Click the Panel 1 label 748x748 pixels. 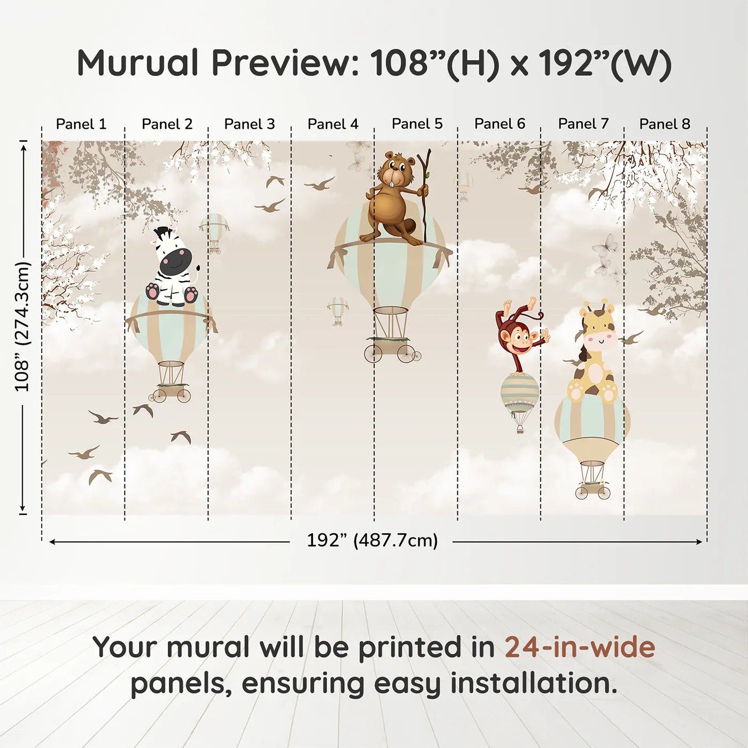[x=81, y=124]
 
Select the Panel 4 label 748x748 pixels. [x=333, y=124]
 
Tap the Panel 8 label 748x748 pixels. [x=665, y=124]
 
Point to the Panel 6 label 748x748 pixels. [x=500, y=124]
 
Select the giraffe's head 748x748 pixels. [x=599, y=331]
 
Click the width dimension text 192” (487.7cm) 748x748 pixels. [x=372, y=541]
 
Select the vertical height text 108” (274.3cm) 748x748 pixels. [x=22, y=326]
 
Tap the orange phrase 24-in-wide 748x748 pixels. [x=580, y=648]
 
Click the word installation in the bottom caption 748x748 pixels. [x=533, y=684]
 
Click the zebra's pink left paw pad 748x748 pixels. [x=153, y=291]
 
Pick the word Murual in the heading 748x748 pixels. [x=138, y=63]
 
